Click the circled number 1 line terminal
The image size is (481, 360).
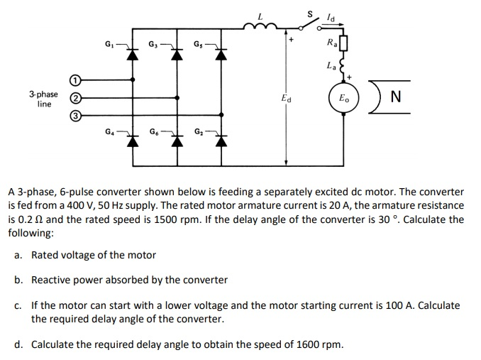pos(74,80)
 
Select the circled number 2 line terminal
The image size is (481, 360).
pos(74,98)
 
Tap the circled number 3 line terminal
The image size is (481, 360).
pos(74,115)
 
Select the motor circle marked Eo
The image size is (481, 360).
pos(344,98)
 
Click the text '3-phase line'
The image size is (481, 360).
pos(43,99)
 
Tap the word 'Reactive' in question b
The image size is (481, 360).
pos(50,280)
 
